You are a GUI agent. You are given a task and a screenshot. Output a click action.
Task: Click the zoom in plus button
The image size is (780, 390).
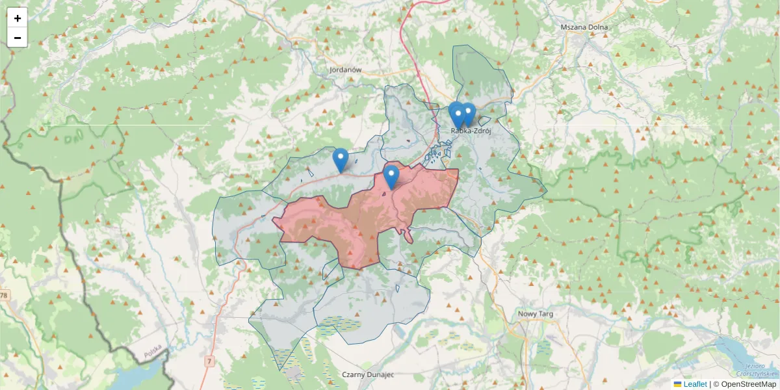(18, 18)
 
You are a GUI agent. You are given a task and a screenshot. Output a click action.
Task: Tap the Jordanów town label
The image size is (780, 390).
(345, 70)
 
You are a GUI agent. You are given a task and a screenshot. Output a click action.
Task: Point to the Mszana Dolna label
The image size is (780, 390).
(584, 28)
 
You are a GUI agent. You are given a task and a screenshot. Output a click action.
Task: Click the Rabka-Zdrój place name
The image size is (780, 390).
(470, 131)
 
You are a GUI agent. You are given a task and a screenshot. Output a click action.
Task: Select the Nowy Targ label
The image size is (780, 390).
(536, 314)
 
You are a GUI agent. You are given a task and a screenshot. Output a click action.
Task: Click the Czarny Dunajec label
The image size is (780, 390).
(368, 375)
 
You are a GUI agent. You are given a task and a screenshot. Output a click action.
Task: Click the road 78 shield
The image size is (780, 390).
(5, 296)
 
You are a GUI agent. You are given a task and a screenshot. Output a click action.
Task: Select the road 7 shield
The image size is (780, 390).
(209, 360)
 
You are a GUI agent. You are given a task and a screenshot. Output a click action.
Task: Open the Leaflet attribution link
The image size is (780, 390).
(695, 384)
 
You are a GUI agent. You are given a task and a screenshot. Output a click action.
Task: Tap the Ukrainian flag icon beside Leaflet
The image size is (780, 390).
(678, 384)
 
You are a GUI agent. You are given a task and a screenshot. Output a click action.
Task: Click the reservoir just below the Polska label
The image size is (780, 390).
(136, 377)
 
